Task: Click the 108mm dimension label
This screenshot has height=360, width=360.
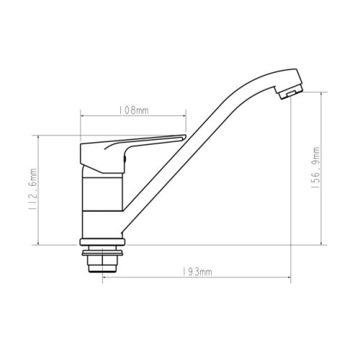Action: point(134,110)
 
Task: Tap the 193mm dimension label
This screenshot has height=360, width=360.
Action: point(197,272)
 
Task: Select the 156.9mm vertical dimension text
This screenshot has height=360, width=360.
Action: point(315,167)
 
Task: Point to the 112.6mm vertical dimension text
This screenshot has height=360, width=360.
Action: point(32,189)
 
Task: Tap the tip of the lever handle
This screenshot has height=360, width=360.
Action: point(184,137)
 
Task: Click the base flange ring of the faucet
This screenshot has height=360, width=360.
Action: point(102,242)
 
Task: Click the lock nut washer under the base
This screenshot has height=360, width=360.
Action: point(102,253)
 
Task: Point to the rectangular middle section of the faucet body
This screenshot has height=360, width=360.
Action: point(102,194)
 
